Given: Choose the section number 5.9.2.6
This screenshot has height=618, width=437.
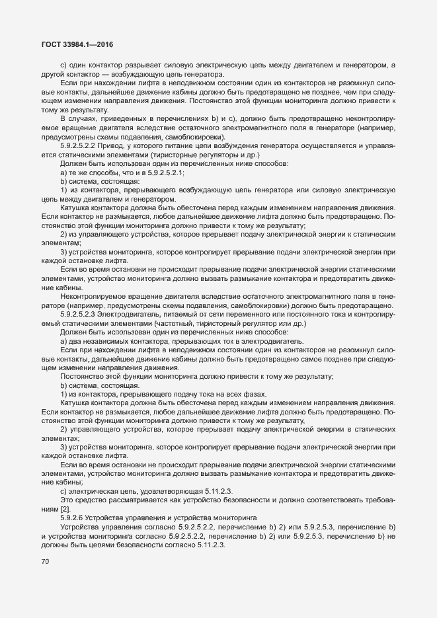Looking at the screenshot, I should pos(73,516).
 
